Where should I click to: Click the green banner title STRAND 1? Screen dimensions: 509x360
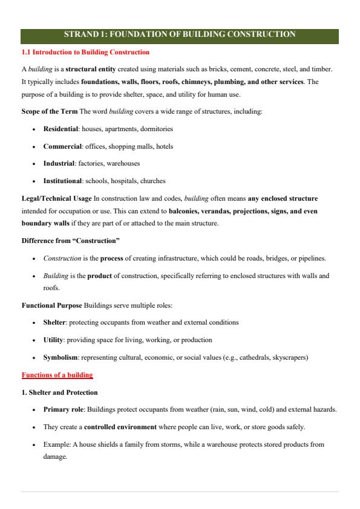(x=180, y=34)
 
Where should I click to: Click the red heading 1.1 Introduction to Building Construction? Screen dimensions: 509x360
(x=85, y=53)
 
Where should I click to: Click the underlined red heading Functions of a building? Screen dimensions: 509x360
(x=57, y=375)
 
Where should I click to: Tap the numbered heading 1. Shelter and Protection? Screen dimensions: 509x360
(x=59, y=392)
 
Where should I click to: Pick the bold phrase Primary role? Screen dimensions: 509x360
(x=64, y=409)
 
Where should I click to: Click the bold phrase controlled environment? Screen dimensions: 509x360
(x=116, y=427)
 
